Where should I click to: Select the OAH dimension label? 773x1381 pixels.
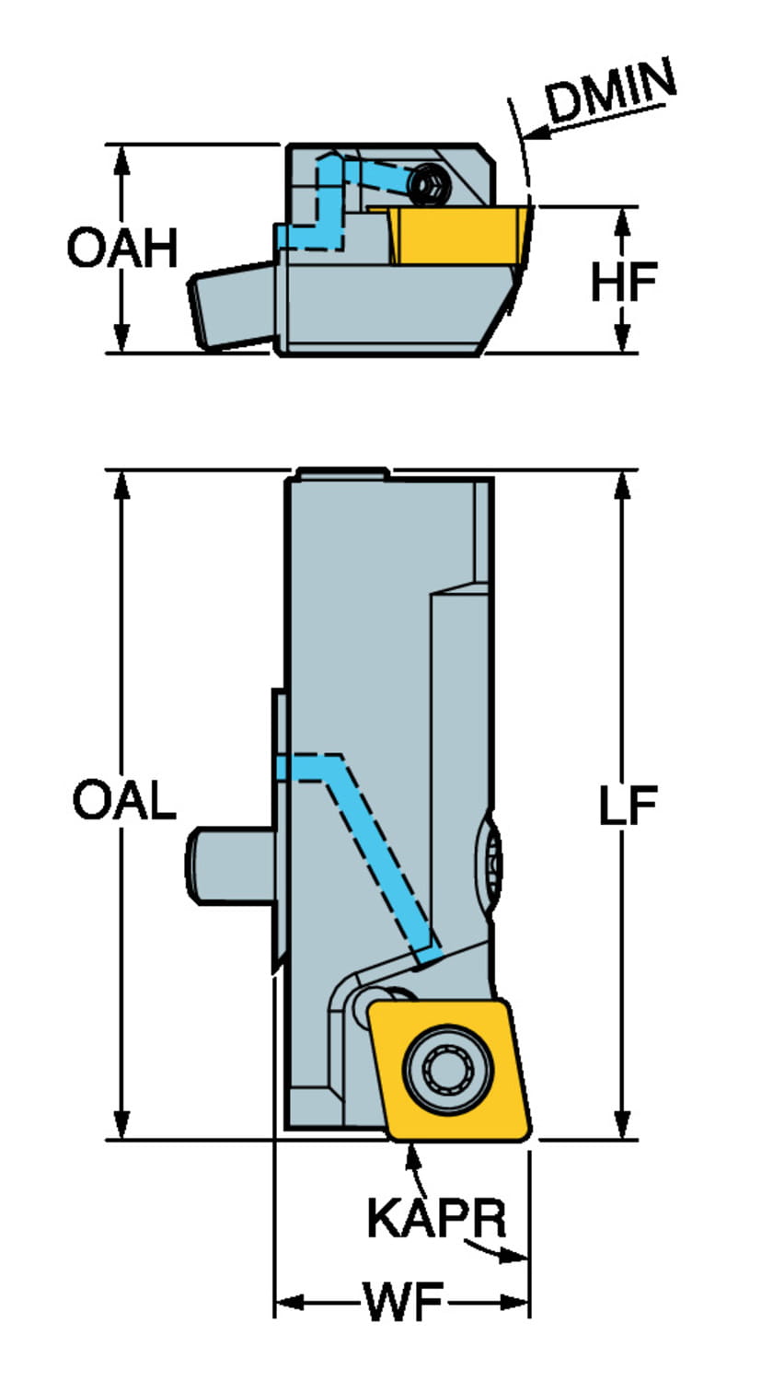[x=122, y=249]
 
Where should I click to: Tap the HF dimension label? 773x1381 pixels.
[x=623, y=283]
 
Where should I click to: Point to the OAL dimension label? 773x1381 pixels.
[x=124, y=802]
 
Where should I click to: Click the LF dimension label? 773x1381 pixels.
[x=628, y=807]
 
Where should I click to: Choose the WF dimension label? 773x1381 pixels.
[x=403, y=1304]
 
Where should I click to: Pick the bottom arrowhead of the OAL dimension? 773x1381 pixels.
[x=121, y=1125]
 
